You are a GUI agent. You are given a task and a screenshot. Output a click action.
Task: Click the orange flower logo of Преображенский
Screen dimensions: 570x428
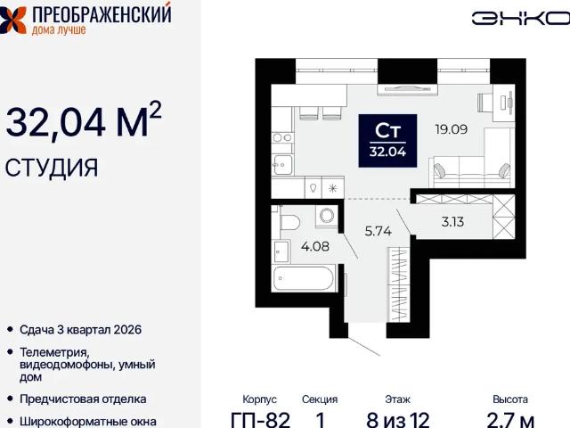12,20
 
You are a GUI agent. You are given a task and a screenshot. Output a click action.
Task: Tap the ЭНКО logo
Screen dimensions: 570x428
521,18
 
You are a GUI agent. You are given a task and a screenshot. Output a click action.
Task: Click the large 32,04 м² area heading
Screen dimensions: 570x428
83,119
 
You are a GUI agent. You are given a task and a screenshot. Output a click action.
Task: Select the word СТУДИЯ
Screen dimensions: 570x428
52,168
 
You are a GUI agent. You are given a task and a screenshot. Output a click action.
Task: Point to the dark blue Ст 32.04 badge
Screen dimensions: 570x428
387,141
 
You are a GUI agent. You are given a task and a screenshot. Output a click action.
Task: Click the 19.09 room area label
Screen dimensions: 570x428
452,129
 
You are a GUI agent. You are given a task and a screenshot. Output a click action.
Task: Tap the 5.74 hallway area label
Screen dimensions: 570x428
378,231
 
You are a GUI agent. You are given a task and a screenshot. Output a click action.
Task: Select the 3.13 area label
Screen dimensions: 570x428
452,222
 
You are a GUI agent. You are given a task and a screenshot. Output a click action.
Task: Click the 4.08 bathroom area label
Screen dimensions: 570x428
315,246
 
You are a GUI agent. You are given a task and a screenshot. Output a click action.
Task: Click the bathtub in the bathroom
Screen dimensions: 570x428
304,278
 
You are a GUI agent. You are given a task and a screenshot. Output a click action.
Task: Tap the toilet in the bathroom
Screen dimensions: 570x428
289,222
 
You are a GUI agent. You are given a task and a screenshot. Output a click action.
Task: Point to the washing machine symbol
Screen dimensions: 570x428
327,216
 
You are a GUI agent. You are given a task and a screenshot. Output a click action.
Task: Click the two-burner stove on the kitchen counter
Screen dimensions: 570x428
282,137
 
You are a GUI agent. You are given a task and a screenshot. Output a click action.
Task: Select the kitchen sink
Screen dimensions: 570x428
282,165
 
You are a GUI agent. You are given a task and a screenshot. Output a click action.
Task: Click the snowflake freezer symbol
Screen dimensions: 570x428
332,188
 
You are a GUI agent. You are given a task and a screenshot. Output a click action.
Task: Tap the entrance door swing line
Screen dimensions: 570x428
364,346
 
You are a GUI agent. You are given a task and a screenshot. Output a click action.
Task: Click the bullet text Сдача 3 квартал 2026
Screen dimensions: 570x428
80,330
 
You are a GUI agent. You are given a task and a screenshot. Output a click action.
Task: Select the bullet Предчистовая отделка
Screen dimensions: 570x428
83,399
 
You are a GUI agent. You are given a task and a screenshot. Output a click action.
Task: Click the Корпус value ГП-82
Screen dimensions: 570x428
261,420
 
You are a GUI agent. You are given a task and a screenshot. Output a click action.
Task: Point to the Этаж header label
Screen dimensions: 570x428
397,399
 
